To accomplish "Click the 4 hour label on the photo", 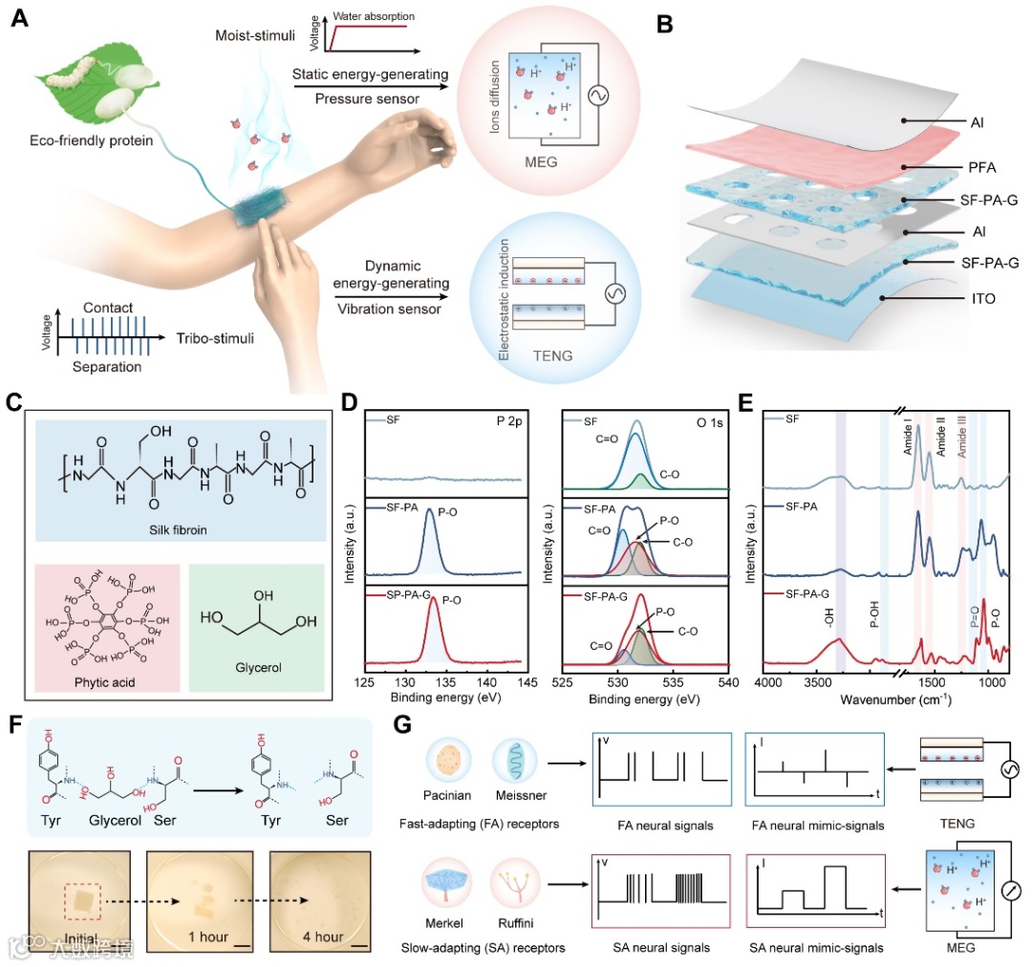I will [317, 936].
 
